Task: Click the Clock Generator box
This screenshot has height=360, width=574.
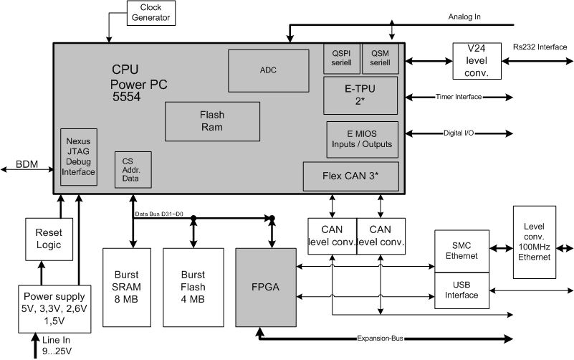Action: click(150, 12)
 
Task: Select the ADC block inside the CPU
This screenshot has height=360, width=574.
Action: click(269, 70)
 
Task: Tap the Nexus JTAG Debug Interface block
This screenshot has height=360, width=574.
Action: click(78, 157)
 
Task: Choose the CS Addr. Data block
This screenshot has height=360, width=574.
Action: click(128, 169)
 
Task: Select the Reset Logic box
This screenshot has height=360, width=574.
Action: click(49, 239)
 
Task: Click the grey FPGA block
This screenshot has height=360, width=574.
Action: click(266, 288)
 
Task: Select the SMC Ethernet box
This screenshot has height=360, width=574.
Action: click(463, 252)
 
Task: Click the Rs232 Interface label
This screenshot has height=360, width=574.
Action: click(540, 48)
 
